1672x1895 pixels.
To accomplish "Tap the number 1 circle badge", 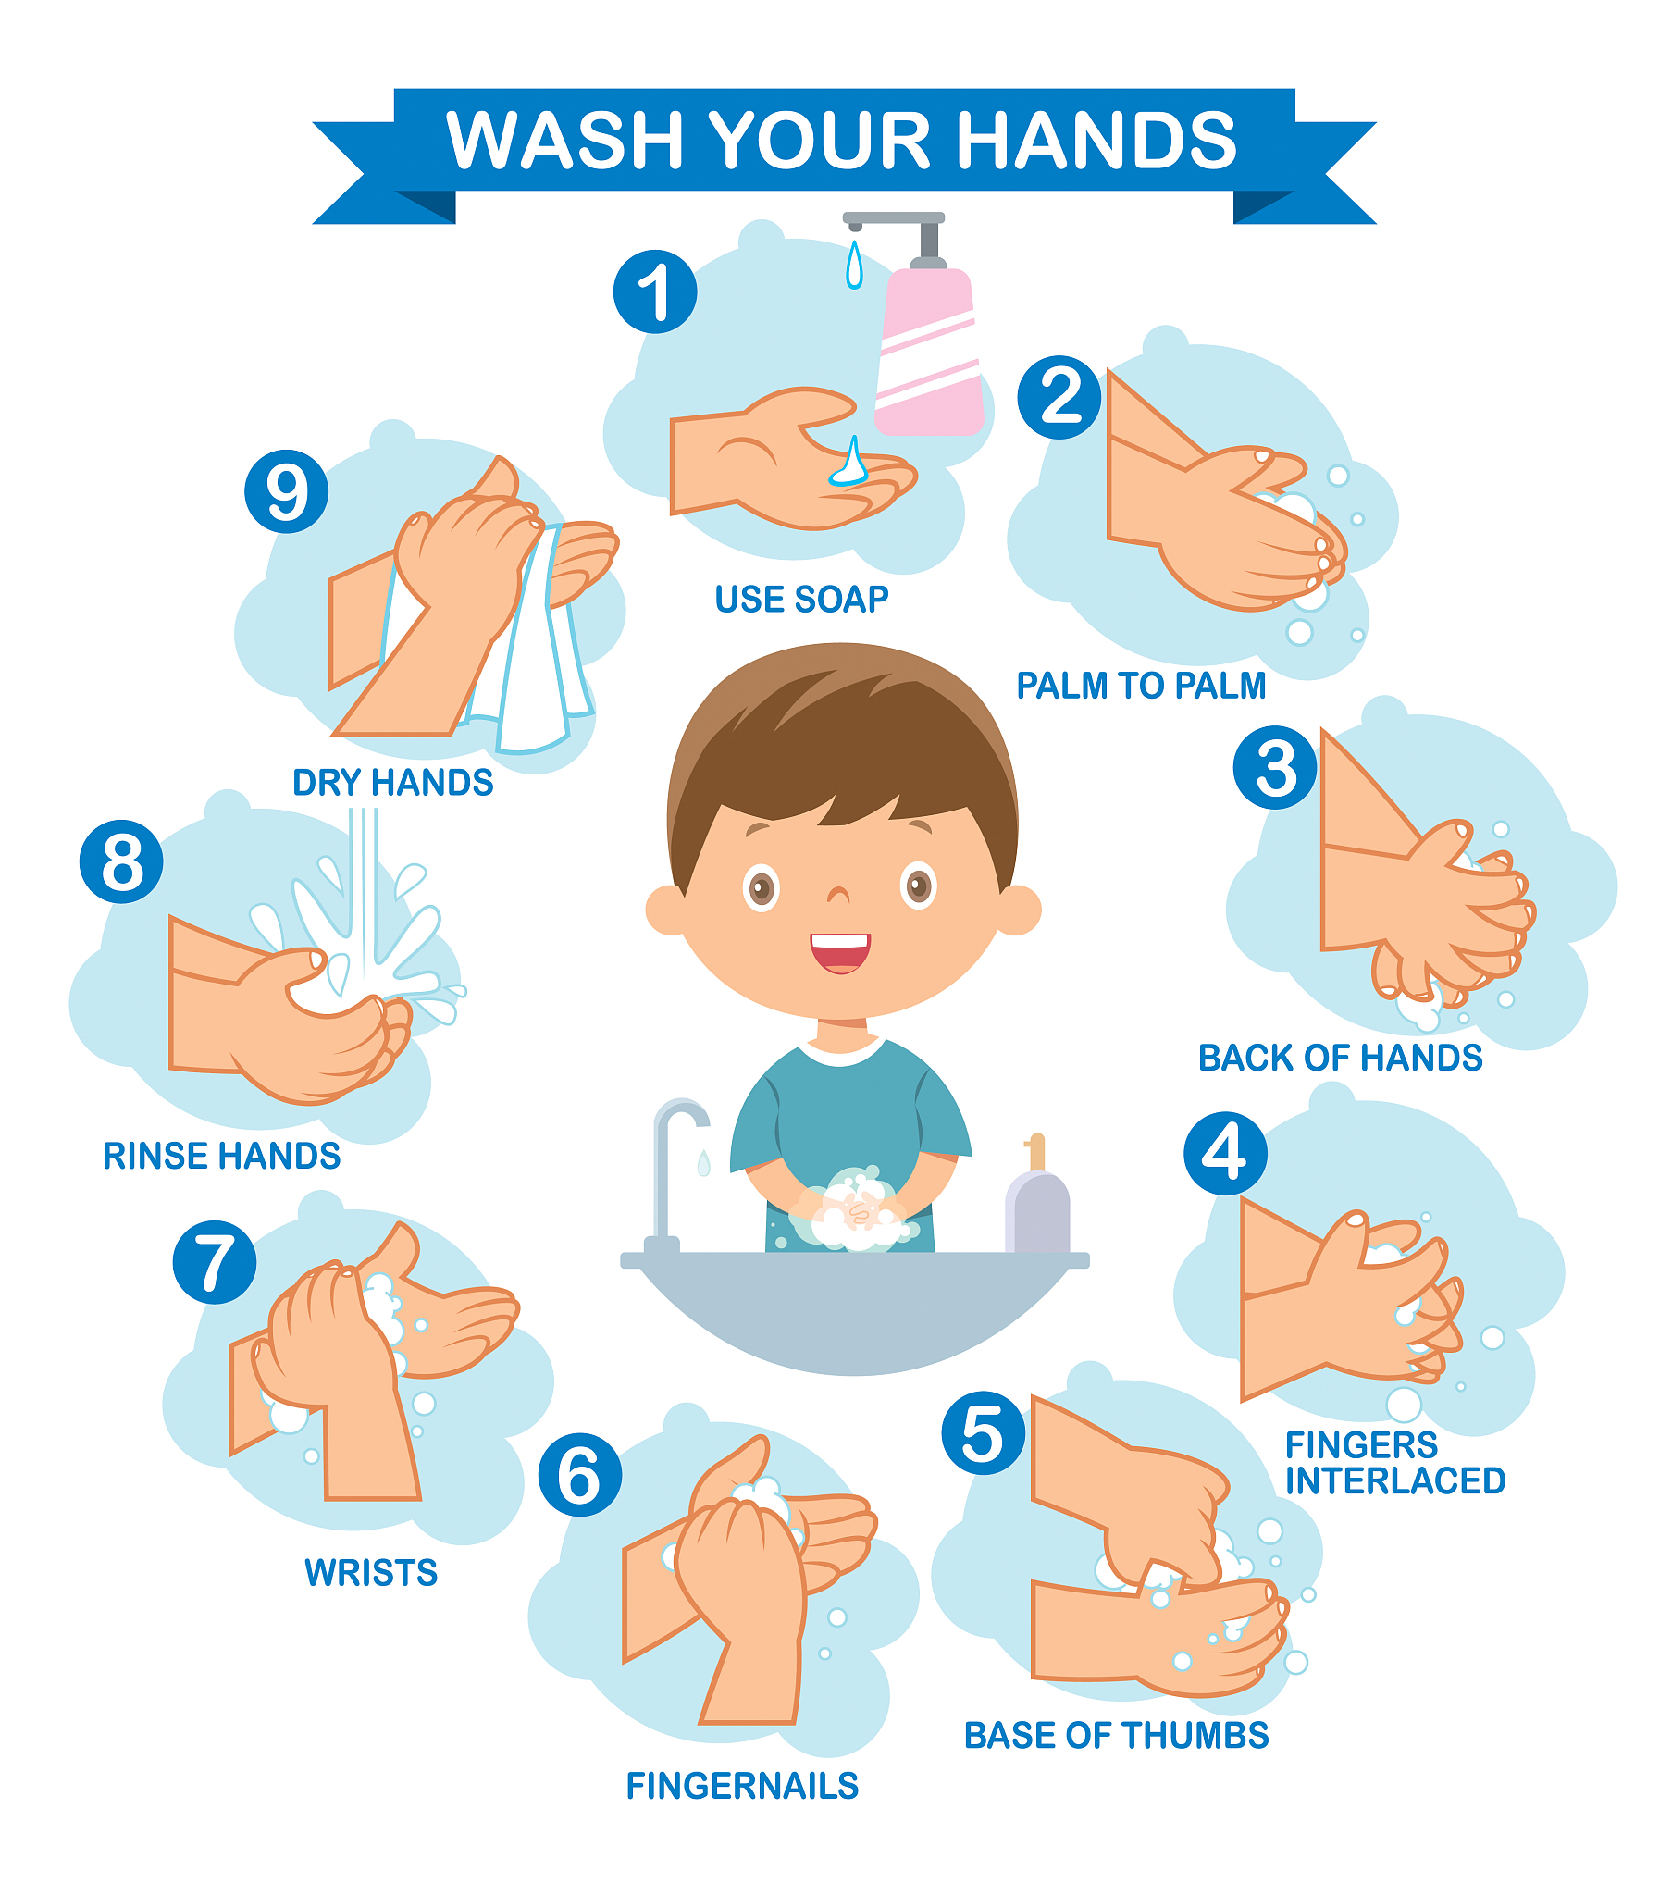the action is pyautogui.click(x=655, y=291).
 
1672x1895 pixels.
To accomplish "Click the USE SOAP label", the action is pyautogui.click(x=801, y=599).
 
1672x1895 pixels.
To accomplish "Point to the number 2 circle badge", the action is pyautogui.click(x=1059, y=397).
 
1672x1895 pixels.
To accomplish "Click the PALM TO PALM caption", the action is pyautogui.click(x=1141, y=685).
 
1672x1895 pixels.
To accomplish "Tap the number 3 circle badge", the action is pyautogui.click(x=1275, y=767).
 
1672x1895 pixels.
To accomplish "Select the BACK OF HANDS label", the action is pyautogui.click(x=1340, y=1058).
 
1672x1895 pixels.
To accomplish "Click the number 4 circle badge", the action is pyautogui.click(x=1225, y=1153).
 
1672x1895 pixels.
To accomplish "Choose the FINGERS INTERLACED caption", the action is pyautogui.click(x=1394, y=1463).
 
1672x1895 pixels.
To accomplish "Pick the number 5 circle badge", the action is pyautogui.click(x=983, y=1432).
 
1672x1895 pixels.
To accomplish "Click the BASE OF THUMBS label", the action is pyautogui.click(x=1117, y=1736).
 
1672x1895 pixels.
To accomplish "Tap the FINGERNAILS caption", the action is pyautogui.click(x=742, y=1786).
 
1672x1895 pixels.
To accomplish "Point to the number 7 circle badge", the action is pyautogui.click(x=216, y=1263).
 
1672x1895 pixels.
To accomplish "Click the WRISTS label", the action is pyautogui.click(x=371, y=1572).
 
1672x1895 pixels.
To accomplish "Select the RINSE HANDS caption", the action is pyautogui.click(x=222, y=1156).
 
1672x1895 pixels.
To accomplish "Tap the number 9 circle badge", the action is pyautogui.click(x=287, y=491).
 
